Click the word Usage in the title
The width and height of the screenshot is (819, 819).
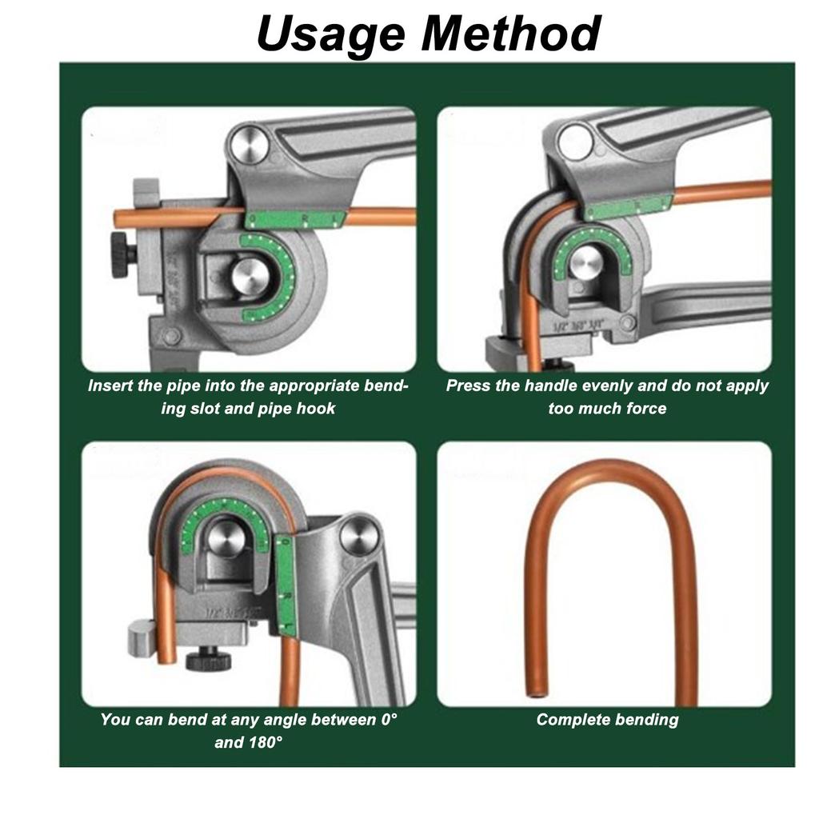pyautogui.click(x=332, y=33)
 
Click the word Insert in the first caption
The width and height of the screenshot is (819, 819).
pyautogui.click(x=110, y=386)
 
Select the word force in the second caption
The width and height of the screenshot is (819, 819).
pyautogui.click(x=645, y=409)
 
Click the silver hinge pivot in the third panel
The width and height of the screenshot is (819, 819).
pyautogui.click(x=357, y=535)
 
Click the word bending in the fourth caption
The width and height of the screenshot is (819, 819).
pyautogui.click(x=645, y=720)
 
